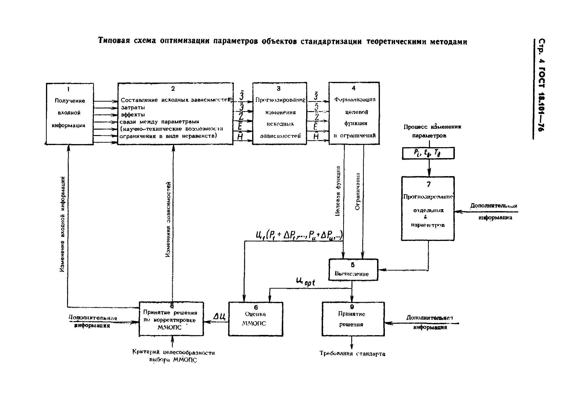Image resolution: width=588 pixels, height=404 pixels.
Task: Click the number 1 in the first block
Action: [68, 89]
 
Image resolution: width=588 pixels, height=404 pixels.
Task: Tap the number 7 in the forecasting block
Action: [428, 184]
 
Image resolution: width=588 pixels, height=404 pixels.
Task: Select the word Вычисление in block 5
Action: [351, 274]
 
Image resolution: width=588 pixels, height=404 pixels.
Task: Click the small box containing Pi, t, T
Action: [428, 153]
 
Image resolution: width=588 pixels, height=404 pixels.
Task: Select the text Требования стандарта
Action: [352, 354]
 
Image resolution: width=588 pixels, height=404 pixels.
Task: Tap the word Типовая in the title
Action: [114, 41]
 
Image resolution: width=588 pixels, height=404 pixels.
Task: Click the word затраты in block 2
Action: [133, 108]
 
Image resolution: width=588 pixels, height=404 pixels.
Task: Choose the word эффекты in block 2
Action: [133, 115]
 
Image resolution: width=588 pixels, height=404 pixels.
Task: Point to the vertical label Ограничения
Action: [357, 191]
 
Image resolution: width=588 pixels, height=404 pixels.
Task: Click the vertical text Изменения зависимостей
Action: [168, 219]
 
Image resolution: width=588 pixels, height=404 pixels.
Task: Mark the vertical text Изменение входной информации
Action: [62, 224]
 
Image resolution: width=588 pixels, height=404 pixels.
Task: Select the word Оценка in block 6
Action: [255, 314]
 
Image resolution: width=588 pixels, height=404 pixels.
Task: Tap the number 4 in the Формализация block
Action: [353, 88]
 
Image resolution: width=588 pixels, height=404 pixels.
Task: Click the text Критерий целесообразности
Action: [173, 352]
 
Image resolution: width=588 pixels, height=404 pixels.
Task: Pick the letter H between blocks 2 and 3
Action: [240, 137]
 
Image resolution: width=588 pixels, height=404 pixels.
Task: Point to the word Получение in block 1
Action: [70, 101]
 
